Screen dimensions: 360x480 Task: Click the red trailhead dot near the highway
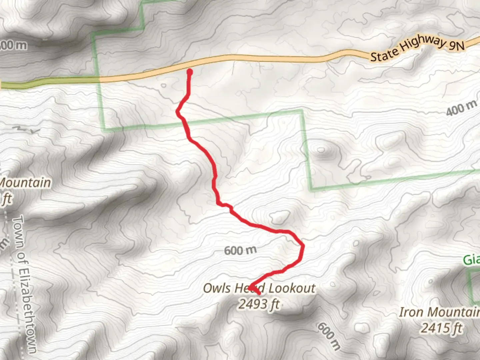pos(190,71)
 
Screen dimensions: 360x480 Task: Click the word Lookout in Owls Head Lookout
pos(292,288)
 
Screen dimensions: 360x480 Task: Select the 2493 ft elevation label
pos(259,304)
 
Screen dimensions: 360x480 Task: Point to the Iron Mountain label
pos(439,312)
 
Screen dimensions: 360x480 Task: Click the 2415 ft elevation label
pos(441,328)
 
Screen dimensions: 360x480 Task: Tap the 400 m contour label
pos(461,108)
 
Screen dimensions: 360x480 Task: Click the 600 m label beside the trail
pos(240,250)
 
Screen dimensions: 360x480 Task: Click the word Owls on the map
pos(217,288)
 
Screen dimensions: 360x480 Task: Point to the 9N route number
pos(456,44)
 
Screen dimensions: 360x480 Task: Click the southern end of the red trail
pos(259,293)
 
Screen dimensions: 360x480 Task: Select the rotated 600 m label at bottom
pos(329,336)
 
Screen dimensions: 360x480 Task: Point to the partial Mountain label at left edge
pos(25,183)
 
